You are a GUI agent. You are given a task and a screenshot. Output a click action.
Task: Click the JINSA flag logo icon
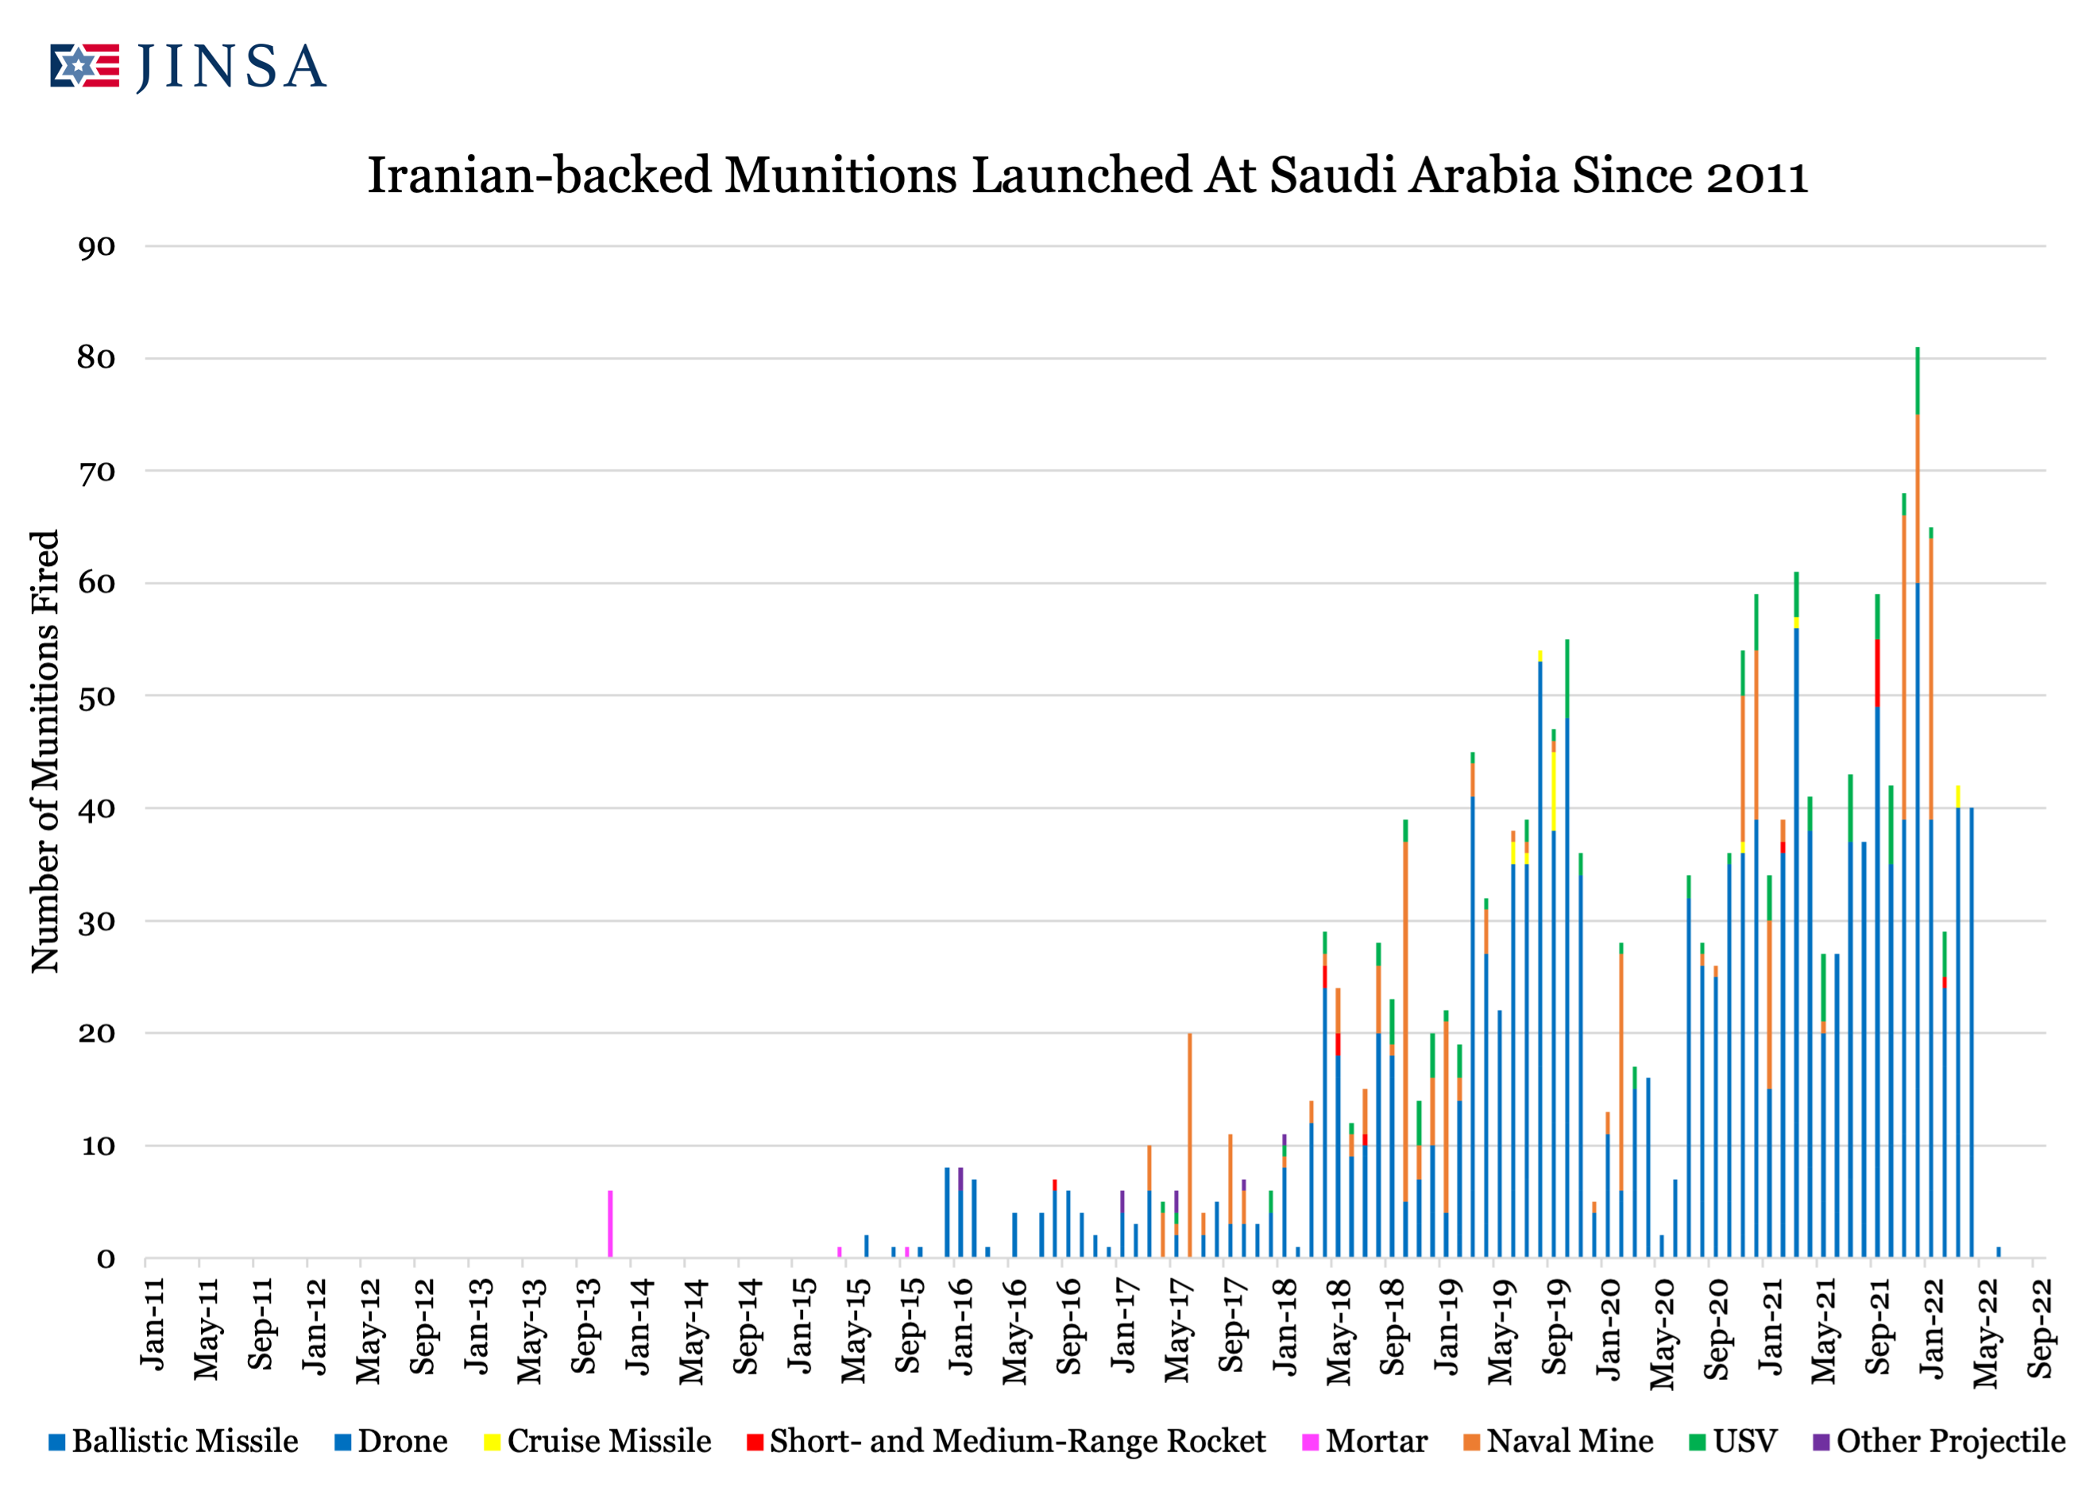click(x=84, y=66)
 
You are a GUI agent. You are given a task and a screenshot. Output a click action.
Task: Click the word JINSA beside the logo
click(x=231, y=67)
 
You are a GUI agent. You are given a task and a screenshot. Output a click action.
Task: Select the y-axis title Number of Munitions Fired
click(x=44, y=750)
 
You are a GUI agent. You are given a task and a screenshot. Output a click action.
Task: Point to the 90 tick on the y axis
click(x=97, y=246)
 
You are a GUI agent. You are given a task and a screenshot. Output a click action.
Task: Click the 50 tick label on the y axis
click(x=97, y=697)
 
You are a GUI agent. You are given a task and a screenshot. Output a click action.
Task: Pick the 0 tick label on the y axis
click(x=106, y=1259)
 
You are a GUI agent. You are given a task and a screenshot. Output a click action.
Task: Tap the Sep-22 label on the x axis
click(x=2040, y=1328)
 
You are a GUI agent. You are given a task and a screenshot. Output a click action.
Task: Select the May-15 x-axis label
click(x=854, y=1329)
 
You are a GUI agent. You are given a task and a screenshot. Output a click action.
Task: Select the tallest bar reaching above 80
click(x=1917, y=803)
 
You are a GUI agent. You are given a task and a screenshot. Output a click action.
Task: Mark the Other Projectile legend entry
click(x=1939, y=1441)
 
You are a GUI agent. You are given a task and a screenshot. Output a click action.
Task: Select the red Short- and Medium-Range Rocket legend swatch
click(x=755, y=1442)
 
